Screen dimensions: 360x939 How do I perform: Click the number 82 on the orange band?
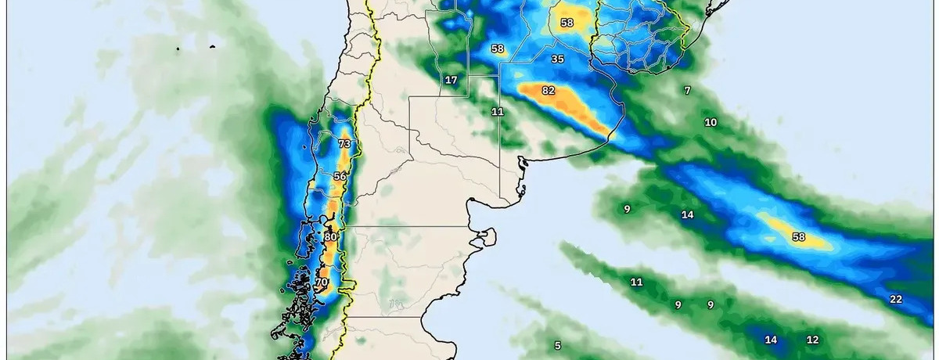pos(548,91)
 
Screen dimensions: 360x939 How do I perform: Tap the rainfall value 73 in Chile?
pos(344,144)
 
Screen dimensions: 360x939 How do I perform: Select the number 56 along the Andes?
pos(340,177)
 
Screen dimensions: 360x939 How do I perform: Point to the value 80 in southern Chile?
pos(330,236)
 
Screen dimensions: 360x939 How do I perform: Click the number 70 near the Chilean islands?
pos(321,282)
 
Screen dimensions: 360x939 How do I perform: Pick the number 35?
pos(557,59)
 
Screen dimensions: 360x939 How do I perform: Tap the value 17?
pos(452,80)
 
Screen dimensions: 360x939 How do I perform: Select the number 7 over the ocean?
pos(687,91)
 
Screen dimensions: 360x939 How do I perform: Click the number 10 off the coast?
pos(711,122)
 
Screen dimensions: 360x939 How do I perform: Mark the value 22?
pos(896,299)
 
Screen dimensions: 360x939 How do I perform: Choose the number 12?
pos(812,340)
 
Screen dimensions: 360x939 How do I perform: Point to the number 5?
pos(558,345)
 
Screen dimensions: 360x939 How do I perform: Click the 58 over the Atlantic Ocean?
pos(798,236)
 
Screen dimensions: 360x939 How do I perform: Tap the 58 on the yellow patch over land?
pos(567,23)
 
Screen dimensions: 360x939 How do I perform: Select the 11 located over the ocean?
pos(636,282)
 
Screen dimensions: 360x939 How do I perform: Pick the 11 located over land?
pos(498,111)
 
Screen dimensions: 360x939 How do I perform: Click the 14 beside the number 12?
pos(771,340)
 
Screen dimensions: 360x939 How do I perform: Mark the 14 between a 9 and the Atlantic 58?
pos(687,214)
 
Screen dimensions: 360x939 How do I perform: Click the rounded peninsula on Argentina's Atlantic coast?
pos(487,235)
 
